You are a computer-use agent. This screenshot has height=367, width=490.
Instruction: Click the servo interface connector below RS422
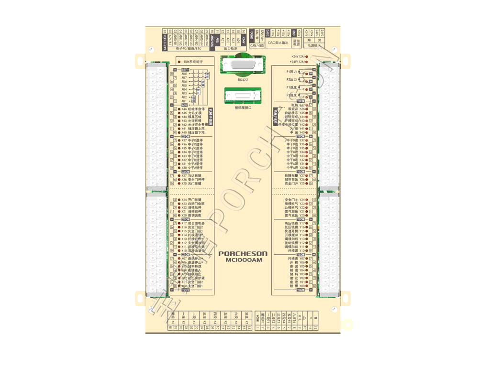coord(243,97)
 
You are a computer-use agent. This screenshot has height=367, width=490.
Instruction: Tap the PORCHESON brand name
coord(243,254)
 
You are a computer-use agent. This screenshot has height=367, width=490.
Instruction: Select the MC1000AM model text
coord(244,260)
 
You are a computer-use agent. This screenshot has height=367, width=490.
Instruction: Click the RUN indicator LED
coord(179,62)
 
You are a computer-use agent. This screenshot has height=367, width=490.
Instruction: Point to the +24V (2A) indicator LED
coord(308,57)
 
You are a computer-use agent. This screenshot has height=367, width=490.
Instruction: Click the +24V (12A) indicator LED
coord(308,62)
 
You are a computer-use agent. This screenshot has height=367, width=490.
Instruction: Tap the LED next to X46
coord(179,109)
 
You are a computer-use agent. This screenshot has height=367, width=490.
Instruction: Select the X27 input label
coord(184,176)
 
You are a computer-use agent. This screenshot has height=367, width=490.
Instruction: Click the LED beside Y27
coord(307,176)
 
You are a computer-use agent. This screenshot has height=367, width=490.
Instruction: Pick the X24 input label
coord(184,200)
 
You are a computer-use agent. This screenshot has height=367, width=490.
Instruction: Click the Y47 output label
coord(302,105)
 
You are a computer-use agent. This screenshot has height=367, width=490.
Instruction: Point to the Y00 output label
coord(302,286)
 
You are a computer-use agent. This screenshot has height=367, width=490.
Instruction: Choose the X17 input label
coord(184,223)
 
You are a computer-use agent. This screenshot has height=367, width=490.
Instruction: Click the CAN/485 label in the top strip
coord(257,46)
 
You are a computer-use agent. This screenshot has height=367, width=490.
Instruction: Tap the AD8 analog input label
coord(184,74)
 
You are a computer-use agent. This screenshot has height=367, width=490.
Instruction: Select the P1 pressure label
coord(291,72)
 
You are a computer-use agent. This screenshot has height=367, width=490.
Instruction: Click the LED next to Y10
coord(307,251)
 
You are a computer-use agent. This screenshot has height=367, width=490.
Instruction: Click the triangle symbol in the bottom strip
coord(305,317)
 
